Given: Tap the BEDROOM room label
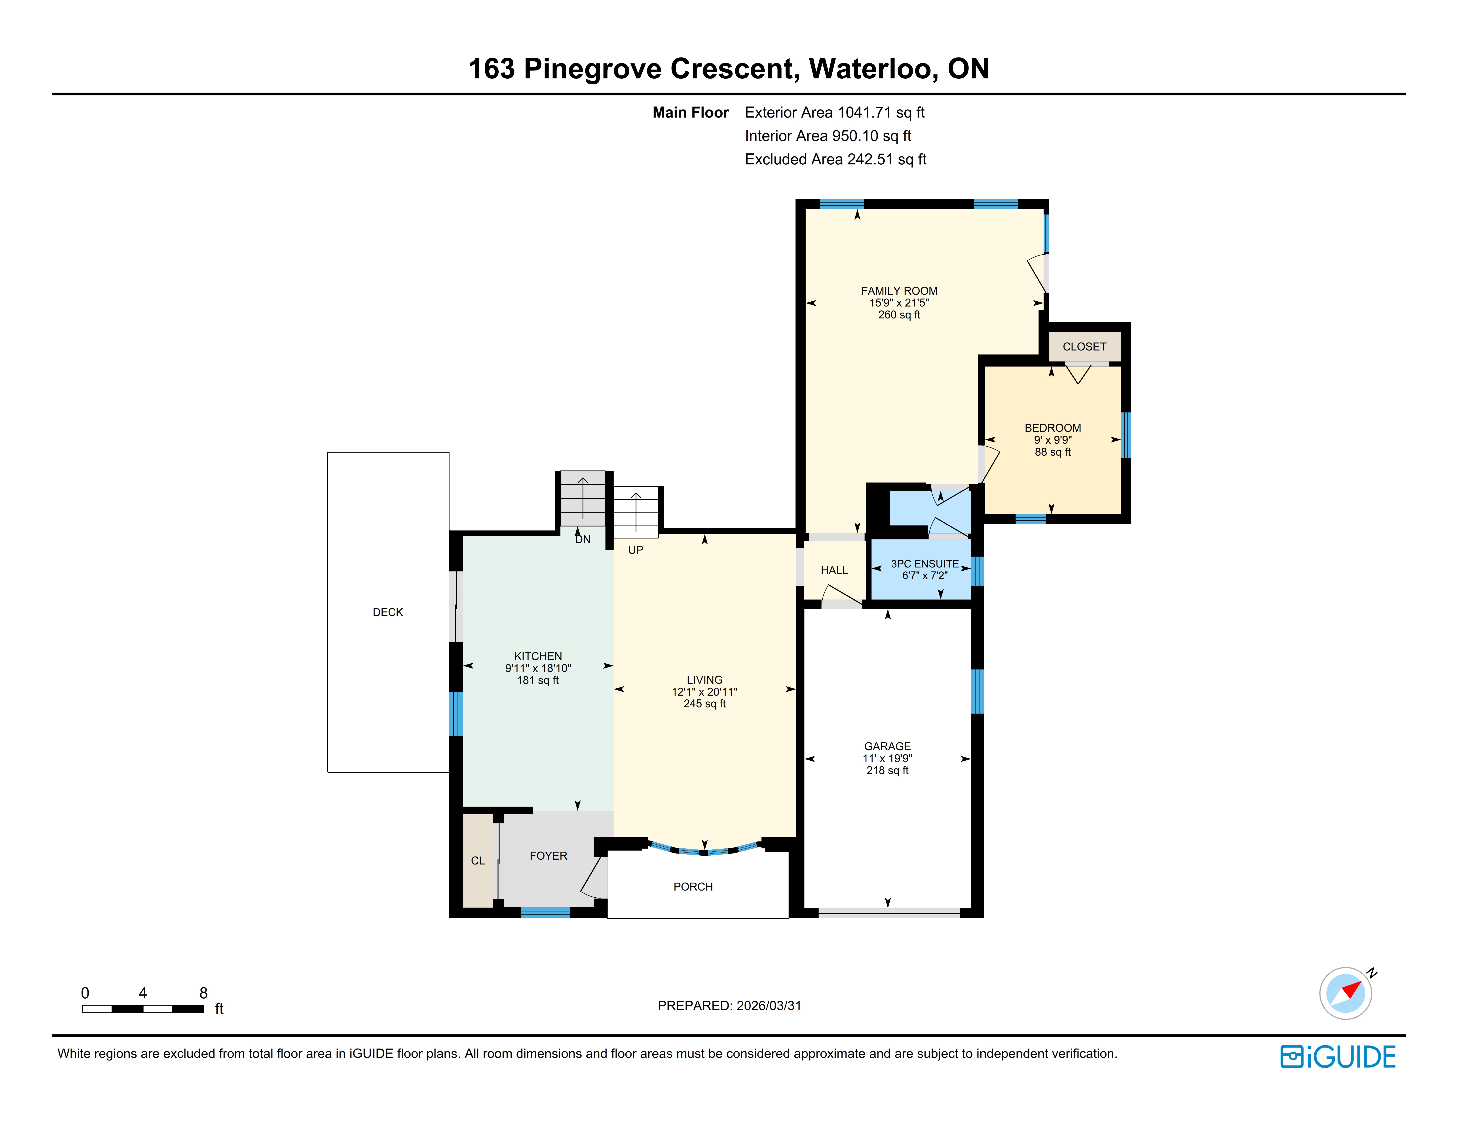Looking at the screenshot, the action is click(x=1053, y=428).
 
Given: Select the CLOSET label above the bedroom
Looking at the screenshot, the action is click(x=1084, y=346).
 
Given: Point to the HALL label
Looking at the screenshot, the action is click(x=834, y=570).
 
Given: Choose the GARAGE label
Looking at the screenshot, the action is click(x=887, y=746).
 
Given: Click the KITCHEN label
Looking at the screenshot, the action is click(x=538, y=656).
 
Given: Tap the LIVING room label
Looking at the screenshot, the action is click(x=704, y=680).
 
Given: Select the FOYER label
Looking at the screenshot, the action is click(x=548, y=856).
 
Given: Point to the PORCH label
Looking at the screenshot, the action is click(x=693, y=887).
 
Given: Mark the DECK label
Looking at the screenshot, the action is click(x=388, y=612).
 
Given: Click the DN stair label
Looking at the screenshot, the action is click(x=583, y=539).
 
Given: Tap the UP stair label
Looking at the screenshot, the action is click(x=636, y=550).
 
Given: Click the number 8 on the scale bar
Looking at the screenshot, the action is click(x=204, y=993).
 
